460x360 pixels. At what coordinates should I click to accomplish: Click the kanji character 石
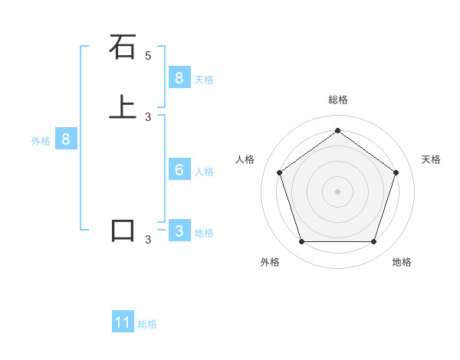[x=123, y=47]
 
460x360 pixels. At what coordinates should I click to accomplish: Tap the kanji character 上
[x=123, y=107]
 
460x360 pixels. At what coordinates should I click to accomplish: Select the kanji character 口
[x=123, y=230]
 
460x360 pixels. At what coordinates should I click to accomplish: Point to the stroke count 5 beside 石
[x=148, y=56]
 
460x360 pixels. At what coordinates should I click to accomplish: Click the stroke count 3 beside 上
[x=148, y=117]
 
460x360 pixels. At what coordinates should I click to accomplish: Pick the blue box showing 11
[x=123, y=322]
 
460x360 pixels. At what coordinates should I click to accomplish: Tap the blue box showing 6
[x=179, y=170]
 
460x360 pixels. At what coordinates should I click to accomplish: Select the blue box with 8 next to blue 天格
[x=179, y=78]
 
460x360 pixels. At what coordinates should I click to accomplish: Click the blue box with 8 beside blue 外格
[x=66, y=139]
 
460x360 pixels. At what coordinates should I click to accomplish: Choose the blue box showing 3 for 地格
[x=179, y=231]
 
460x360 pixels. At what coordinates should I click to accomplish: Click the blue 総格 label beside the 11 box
[x=147, y=324]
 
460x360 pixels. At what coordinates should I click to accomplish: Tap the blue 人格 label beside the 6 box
[x=204, y=172]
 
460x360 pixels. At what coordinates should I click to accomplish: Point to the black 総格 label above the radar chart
[x=337, y=100]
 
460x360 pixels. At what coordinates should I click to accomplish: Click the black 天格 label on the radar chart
[x=431, y=159]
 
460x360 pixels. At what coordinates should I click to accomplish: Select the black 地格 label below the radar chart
[x=402, y=262]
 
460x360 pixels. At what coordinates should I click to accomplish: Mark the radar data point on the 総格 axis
[x=337, y=130]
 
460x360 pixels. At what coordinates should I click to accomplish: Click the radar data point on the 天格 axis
[x=396, y=172]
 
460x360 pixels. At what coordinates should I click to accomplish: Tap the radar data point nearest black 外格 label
[x=301, y=242]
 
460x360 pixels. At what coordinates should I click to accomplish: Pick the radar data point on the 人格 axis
[x=279, y=172]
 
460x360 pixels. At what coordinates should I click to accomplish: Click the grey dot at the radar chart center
[x=337, y=191]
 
